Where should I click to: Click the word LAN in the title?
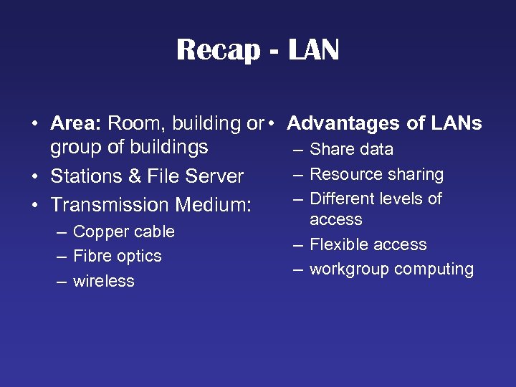(313, 50)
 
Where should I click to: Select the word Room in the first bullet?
(133, 123)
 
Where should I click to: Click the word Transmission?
(110, 205)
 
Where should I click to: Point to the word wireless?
(103, 281)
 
